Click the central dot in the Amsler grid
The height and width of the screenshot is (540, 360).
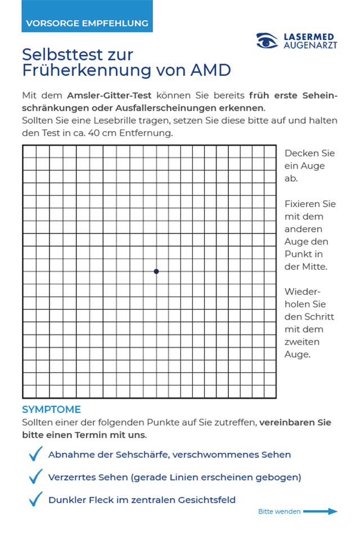[156, 271]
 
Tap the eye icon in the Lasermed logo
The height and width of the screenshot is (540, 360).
[267, 40]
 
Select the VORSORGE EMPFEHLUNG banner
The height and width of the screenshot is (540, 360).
[87, 23]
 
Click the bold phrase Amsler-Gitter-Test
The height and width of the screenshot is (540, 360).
[109, 95]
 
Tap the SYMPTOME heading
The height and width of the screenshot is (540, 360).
[51, 409]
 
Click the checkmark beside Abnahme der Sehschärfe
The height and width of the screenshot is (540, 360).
[36, 453]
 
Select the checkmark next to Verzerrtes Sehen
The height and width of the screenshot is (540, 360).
[36, 476]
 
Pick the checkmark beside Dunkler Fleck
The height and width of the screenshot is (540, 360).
[36, 499]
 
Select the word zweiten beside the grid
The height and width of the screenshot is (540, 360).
[302, 342]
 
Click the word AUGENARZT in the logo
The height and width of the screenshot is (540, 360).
[309, 45]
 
